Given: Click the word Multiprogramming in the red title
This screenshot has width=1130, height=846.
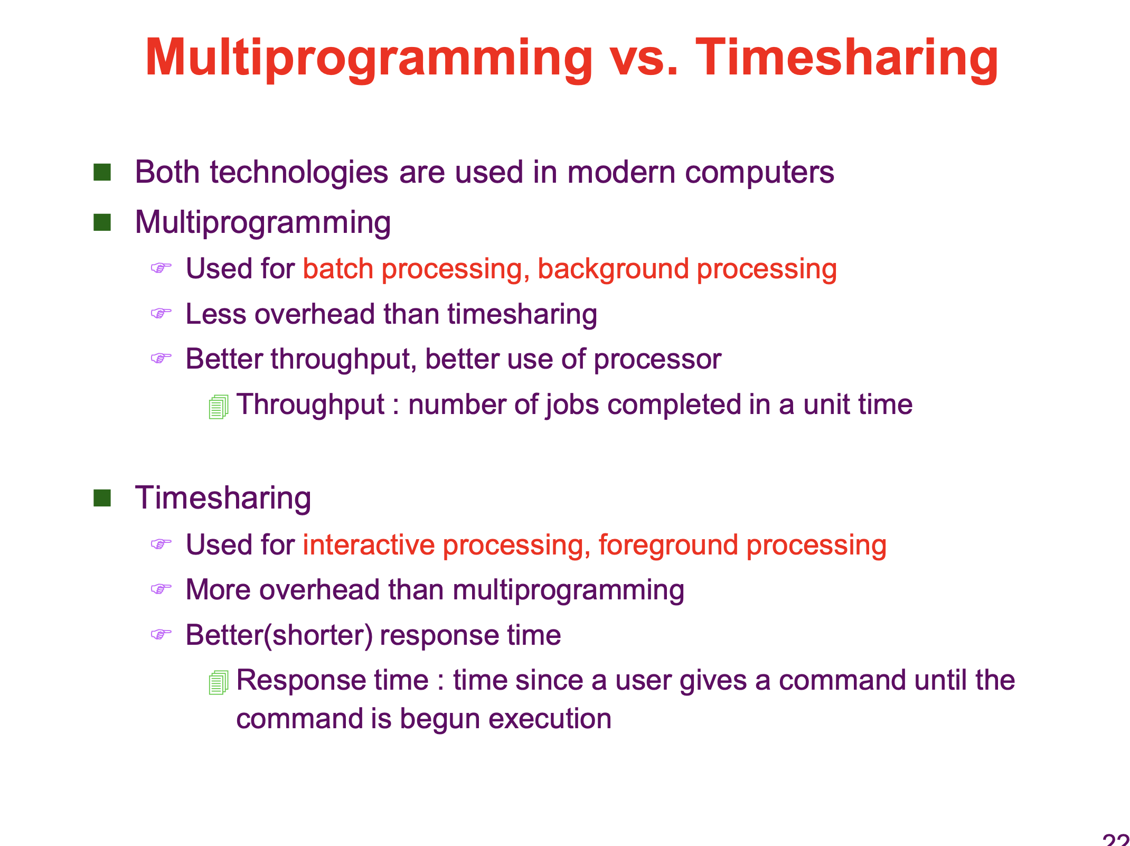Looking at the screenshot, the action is click(x=369, y=59).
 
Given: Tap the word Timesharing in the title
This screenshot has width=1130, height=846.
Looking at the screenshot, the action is click(x=847, y=59).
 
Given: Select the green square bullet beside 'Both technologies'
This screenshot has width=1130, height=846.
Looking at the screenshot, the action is click(x=102, y=172).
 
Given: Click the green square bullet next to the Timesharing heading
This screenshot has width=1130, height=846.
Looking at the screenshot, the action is click(x=102, y=497).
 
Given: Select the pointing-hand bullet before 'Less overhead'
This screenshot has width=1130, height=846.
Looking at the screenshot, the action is click(x=161, y=314).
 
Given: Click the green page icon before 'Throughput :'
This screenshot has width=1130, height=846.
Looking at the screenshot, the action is click(x=219, y=407).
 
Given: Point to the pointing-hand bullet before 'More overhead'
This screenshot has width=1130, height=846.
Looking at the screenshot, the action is click(x=161, y=589).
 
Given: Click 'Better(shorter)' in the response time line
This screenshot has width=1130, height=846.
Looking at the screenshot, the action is click(x=279, y=635).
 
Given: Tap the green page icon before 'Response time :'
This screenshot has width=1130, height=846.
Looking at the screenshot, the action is click(x=219, y=683).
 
